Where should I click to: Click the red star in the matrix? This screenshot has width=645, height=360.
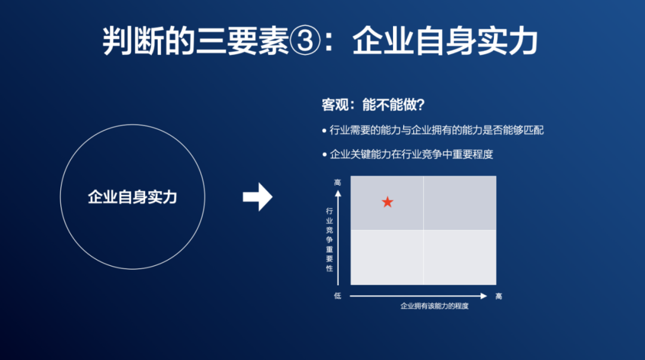(x=388, y=202)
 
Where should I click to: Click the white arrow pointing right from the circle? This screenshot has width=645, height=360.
(x=257, y=197)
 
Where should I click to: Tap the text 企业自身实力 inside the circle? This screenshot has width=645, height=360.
(x=133, y=197)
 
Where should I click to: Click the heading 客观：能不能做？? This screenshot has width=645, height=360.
(x=373, y=105)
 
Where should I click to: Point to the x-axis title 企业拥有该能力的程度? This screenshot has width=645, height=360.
(x=434, y=306)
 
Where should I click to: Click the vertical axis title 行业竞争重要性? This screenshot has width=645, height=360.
(x=330, y=239)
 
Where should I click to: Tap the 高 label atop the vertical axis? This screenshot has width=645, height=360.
(x=337, y=182)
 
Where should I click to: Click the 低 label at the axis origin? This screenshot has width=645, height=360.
(x=337, y=296)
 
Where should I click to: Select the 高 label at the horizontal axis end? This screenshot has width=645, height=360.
(x=498, y=296)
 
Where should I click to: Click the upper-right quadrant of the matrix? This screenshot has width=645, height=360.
(x=460, y=203)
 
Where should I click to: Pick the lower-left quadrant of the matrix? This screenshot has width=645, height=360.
(x=387, y=257)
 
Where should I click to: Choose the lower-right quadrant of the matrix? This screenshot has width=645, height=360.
(x=460, y=257)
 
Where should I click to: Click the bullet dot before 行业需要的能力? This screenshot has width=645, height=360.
(x=324, y=130)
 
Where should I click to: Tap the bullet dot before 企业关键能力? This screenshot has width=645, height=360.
(x=324, y=154)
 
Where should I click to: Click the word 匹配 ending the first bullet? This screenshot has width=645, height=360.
(x=534, y=130)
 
